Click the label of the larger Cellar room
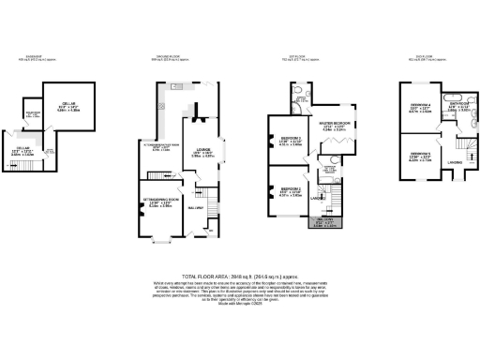(x=68, y=106)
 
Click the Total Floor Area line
(x=240, y=277)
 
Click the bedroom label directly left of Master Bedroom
(x=282, y=142)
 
